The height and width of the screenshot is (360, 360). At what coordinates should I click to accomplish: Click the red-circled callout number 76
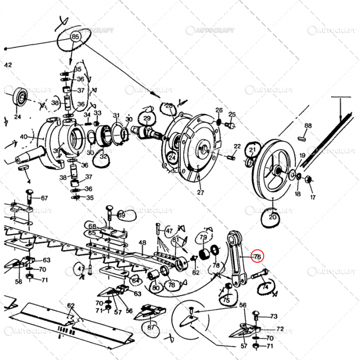coord(257,256)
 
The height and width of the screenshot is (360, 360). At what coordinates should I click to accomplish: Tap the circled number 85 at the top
coord(76,37)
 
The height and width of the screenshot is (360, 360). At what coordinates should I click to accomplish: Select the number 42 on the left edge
coord(7,65)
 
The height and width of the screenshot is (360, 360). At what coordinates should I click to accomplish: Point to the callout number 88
coord(308,125)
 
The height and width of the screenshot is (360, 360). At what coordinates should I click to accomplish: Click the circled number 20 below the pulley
coord(273,218)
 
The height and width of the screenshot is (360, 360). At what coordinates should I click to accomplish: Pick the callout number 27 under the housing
coord(201,193)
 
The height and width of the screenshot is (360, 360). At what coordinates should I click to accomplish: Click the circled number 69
coord(121,214)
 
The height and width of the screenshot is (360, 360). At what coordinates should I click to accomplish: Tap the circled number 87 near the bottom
coord(151,328)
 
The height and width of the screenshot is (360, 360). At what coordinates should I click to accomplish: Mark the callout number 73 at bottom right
coord(274,316)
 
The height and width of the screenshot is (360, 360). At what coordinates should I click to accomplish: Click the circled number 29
coord(147,119)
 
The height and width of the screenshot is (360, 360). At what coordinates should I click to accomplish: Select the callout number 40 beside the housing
coord(24,137)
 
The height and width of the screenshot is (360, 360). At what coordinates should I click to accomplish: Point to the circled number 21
coord(252,150)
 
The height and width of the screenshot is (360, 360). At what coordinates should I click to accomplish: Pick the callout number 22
coord(237,147)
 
